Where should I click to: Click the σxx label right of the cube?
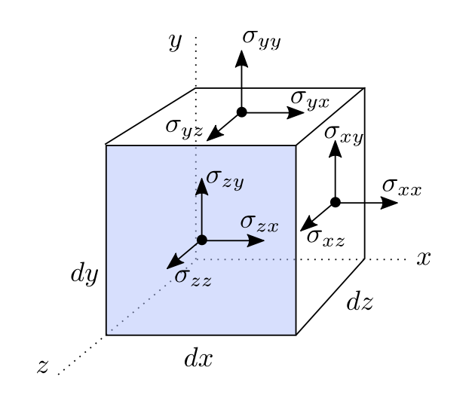point(401,186)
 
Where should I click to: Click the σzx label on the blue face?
point(259,222)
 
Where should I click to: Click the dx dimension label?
point(198,358)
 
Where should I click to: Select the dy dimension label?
point(84,273)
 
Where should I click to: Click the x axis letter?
point(424,259)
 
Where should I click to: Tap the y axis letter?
point(175,43)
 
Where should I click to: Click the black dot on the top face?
point(241,112)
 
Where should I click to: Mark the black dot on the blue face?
point(201,240)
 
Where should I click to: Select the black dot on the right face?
point(336,202)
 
